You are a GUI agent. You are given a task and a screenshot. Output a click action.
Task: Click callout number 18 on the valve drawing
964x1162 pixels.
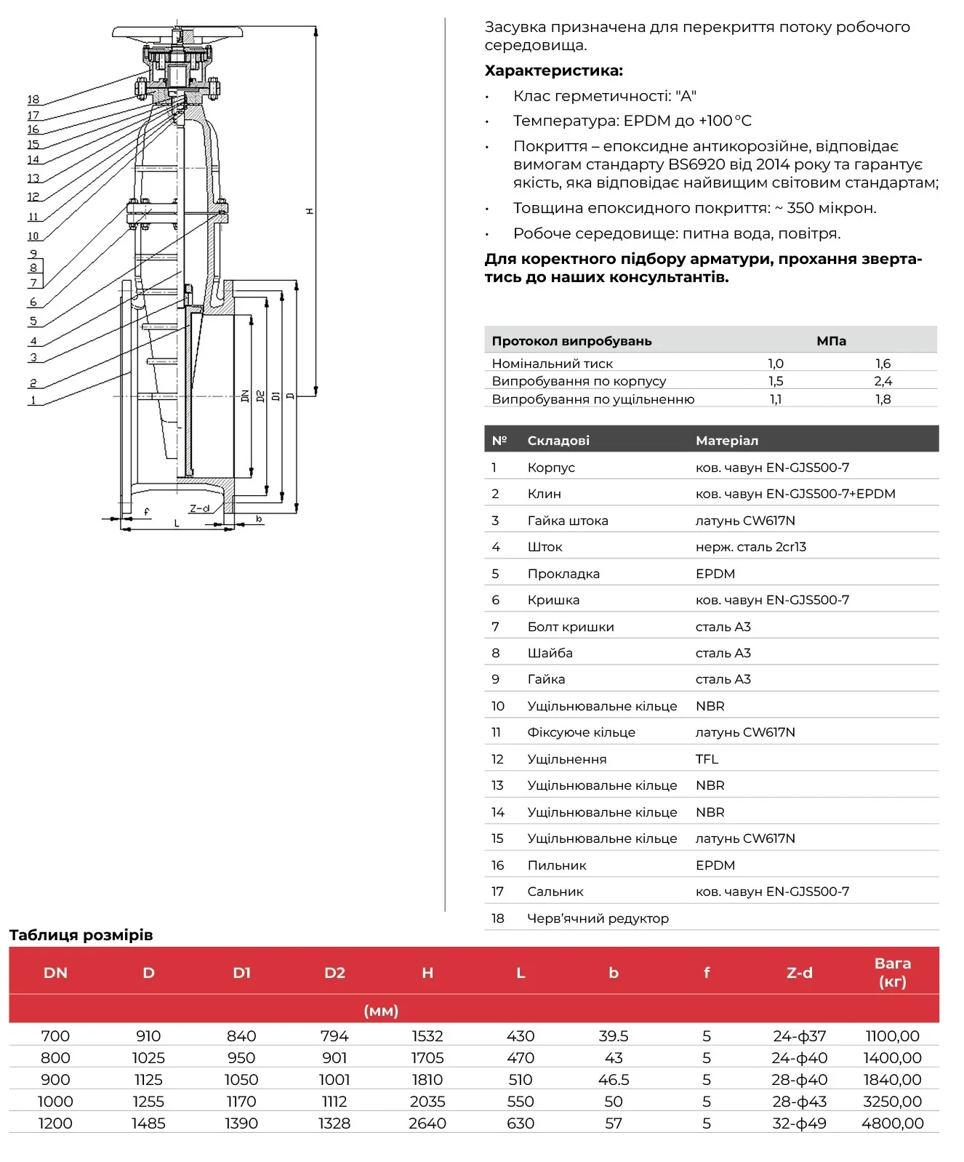click(33, 100)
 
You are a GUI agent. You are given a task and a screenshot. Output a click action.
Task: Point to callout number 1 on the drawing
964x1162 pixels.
click(33, 400)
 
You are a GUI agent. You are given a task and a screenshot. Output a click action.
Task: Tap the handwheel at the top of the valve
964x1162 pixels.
click(178, 33)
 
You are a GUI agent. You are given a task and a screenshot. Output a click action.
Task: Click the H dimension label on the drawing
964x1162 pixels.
click(310, 211)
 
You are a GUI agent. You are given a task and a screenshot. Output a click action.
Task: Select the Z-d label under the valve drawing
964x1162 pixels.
click(199, 508)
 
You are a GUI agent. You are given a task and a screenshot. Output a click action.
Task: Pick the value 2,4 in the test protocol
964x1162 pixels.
click(883, 381)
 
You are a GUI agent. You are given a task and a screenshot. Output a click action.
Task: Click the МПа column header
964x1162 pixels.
click(831, 341)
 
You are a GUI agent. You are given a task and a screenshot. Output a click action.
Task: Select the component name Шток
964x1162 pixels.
click(545, 547)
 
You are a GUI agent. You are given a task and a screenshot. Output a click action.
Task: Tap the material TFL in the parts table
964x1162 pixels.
click(707, 759)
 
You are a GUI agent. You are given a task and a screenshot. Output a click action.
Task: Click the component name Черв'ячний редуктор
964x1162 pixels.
click(598, 918)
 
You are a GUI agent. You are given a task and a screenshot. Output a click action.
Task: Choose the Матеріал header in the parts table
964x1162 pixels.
click(727, 441)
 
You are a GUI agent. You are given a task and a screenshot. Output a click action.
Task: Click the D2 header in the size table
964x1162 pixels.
click(334, 973)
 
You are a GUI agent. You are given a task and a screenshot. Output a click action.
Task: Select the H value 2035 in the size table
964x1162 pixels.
click(427, 1102)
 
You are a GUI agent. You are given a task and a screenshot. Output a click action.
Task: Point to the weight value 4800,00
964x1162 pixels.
click(893, 1123)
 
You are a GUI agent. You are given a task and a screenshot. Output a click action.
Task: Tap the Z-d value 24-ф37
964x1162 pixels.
click(800, 1036)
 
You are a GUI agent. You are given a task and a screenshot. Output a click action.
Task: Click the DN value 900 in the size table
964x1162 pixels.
click(55, 1080)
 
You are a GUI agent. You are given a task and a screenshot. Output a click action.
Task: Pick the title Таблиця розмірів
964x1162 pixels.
click(81, 935)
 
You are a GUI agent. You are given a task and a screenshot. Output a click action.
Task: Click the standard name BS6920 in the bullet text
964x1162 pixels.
click(696, 164)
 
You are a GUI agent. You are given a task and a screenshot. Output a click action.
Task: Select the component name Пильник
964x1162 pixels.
click(557, 865)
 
